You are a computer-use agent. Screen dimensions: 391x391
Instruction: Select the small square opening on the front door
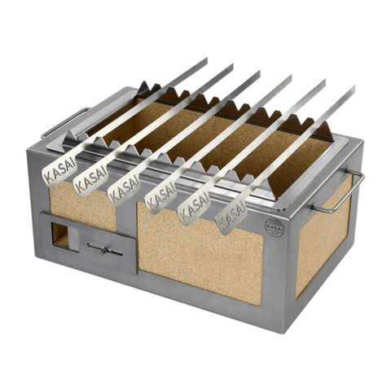tap(59, 235)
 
